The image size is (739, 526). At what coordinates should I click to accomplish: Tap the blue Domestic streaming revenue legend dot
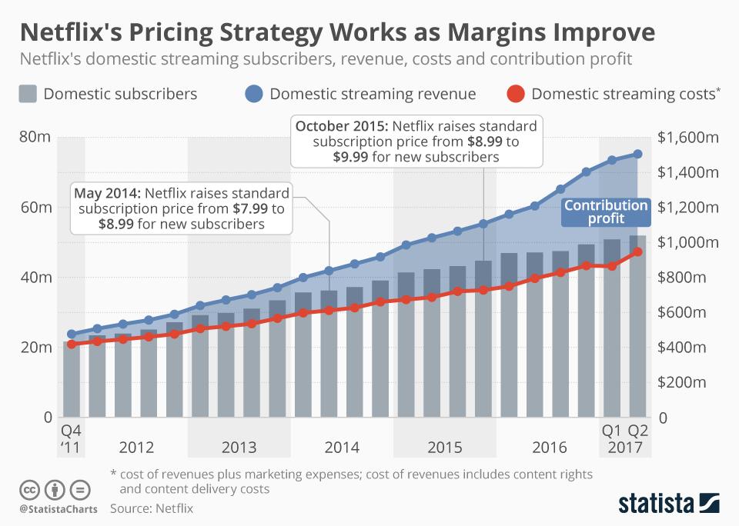(255, 94)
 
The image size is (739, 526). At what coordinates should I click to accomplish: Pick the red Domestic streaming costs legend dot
(517, 94)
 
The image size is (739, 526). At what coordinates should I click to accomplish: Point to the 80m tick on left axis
(35, 138)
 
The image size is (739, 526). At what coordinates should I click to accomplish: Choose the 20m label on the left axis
(35, 348)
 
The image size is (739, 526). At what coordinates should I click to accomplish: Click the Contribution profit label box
(606, 212)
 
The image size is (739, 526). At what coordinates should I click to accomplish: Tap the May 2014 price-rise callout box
(182, 208)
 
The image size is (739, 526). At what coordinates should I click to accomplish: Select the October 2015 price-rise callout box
(417, 141)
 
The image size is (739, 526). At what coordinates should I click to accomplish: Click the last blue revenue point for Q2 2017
(637, 154)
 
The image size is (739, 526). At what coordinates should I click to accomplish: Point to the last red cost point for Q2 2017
(637, 251)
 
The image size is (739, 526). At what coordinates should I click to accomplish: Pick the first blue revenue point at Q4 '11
(72, 335)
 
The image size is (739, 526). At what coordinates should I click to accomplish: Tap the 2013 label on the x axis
(239, 448)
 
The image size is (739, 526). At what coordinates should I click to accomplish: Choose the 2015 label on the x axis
(444, 448)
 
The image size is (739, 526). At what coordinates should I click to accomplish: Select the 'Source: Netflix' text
(152, 508)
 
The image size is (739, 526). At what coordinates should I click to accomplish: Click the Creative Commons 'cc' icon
(29, 489)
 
